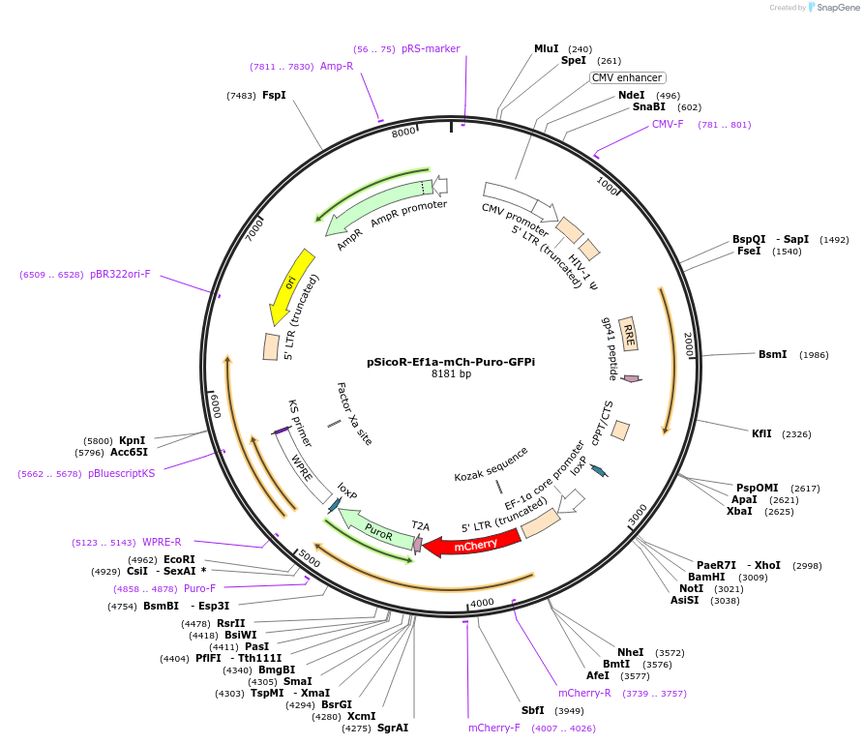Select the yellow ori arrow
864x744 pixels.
[290, 286]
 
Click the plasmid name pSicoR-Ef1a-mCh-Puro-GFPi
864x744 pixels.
[451, 362]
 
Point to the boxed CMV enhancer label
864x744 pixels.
[627, 77]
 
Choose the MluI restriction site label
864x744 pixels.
[547, 48]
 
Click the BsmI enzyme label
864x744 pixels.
[772, 355]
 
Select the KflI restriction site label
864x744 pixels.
[761, 433]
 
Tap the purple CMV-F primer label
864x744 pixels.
[668, 124]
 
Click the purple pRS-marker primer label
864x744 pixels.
[431, 48]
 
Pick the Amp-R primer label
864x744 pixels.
[337, 66]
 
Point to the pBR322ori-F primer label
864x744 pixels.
[120, 274]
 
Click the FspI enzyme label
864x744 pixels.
[274, 95]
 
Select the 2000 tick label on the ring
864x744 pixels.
[689, 345]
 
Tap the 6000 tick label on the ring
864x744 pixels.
[215, 405]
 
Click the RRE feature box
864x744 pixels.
[628, 335]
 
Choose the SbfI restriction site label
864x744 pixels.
[532, 710]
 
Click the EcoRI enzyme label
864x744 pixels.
[179, 559]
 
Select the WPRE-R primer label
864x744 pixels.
[161, 542]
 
